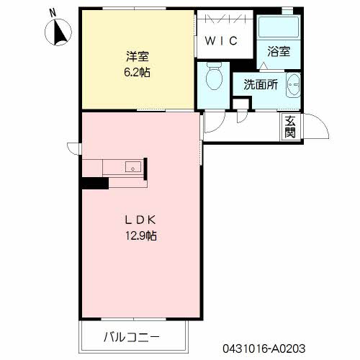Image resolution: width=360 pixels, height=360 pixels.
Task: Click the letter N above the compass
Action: [53, 13]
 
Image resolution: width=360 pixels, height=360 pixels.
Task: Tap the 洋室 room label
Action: [138, 56]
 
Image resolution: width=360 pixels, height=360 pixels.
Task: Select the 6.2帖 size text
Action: [137, 72]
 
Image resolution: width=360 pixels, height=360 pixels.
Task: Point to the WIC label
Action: [221, 41]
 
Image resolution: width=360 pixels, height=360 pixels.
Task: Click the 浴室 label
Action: [279, 52]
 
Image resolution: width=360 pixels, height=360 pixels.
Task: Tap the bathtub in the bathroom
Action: [279, 27]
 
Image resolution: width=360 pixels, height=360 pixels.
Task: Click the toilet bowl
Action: [215, 76]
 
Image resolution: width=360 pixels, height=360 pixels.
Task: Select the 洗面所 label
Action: [261, 84]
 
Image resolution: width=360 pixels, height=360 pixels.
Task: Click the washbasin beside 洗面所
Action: [293, 85]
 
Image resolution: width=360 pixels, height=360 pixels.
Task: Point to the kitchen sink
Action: [133, 167]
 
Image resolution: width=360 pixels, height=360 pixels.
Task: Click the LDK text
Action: [140, 220]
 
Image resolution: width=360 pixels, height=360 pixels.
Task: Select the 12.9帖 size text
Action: [141, 235]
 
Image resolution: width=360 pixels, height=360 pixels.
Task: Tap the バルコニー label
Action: [132, 337]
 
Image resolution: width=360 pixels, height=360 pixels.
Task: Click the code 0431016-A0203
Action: [264, 348]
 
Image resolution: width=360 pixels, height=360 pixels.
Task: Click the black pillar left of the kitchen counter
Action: [94, 183]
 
